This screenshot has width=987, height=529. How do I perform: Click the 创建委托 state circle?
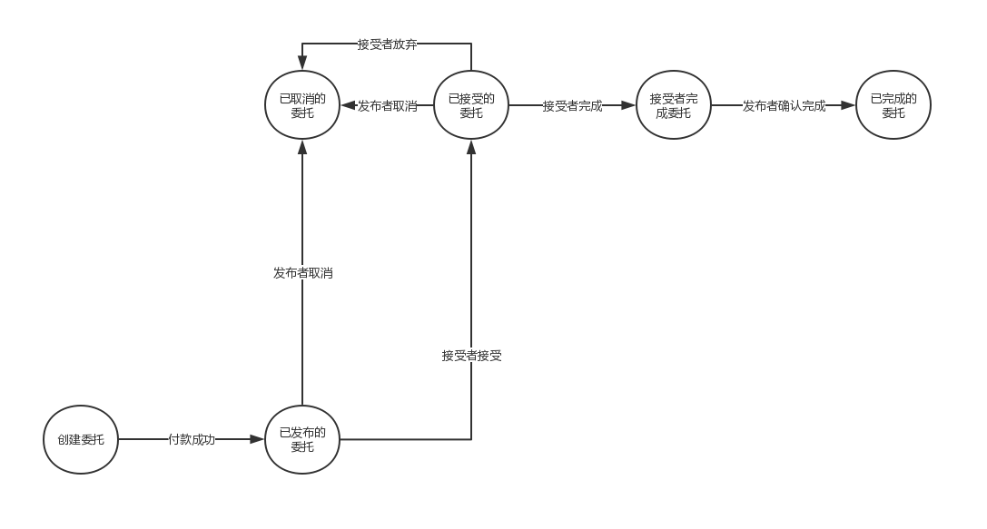tap(81, 439)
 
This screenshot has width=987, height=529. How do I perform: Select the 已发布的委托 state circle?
tap(301, 439)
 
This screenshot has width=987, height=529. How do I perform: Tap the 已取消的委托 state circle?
tap(301, 105)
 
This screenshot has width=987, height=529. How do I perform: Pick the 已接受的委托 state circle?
tap(470, 105)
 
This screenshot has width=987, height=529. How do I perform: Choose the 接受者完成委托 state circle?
tap(673, 105)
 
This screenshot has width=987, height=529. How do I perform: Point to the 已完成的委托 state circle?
tap(893, 105)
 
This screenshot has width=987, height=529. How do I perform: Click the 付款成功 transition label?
tap(192, 439)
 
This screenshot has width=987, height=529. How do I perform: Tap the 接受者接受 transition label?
tap(471, 356)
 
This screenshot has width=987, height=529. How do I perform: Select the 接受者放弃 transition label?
tap(387, 44)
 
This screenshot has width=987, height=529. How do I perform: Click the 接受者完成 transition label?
tap(572, 105)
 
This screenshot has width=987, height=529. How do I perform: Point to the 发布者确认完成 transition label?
tap(784, 105)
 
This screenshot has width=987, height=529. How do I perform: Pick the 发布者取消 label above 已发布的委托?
tap(302, 272)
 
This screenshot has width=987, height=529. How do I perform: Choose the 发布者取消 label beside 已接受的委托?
tap(387, 105)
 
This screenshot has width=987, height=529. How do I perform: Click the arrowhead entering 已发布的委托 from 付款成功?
tap(257, 439)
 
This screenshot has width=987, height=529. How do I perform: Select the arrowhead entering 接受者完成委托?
tap(628, 105)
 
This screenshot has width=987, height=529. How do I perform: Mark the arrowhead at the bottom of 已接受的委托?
tap(470, 147)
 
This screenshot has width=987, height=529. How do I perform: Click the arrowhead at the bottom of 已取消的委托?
tap(301, 147)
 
